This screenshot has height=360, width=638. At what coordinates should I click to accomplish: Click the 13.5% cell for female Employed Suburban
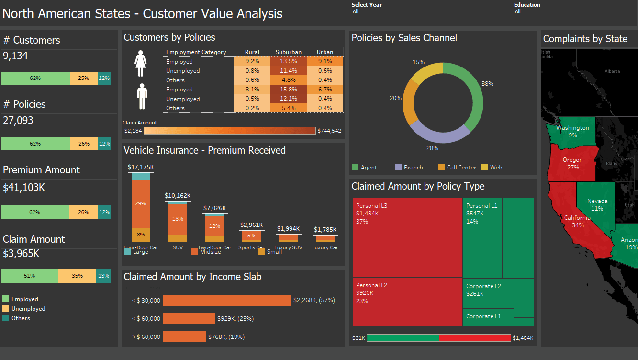click(289, 61)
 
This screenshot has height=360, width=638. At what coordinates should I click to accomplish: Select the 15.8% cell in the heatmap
click(289, 90)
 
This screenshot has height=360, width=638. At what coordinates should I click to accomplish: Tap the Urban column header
click(325, 52)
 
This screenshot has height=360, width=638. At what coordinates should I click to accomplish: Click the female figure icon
click(141, 64)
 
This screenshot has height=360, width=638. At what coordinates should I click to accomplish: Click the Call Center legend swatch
click(441, 167)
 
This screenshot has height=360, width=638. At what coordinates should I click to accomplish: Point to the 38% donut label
click(487, 84)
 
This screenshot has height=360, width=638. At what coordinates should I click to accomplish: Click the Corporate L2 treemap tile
click(488, 293)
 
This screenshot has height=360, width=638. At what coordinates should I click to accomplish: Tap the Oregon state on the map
click(572, 163)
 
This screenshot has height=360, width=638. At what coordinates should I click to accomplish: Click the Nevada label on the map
click(597, 201)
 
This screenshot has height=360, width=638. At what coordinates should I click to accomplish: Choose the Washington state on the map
click(572, 132)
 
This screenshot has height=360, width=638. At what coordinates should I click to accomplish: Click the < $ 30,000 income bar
click(227, 300)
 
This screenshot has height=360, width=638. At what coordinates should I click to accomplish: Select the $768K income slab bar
click(184, 337)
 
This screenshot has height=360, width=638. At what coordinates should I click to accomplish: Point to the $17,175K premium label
click(141, 167)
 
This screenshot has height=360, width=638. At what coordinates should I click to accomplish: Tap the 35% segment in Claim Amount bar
click(77, 276)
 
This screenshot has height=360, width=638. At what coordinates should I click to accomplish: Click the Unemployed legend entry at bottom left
click(28, 309)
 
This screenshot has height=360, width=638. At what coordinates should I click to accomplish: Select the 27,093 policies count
click(18, 121)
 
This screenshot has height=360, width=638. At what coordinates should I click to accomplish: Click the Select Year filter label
click(367, 5)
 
